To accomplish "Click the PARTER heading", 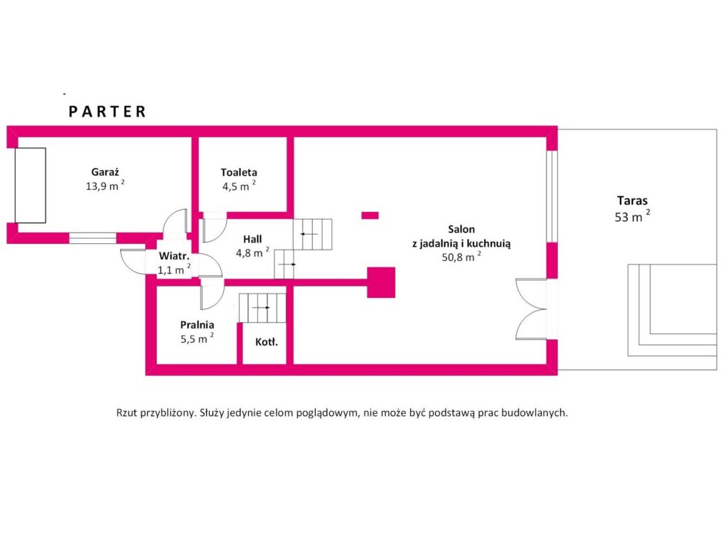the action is pos(107,112).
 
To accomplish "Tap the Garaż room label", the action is pos(105,172).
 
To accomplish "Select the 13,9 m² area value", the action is pos(105,186).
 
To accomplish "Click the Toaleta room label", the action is pos(239,172).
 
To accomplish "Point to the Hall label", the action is pos(252,239).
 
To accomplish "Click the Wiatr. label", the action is pos(174,256).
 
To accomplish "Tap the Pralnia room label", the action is pos(197,325).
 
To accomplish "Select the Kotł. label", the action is pos(267,342).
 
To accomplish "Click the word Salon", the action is pos(461,229).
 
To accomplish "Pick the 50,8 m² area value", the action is pos(461,256).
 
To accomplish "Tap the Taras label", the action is pos(632,200).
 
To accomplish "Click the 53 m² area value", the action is pos(632,216).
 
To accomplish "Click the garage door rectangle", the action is pos(31,186).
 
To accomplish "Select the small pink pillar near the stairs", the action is pos(370,215).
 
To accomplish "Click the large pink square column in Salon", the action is pos(381,282).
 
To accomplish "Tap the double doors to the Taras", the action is pos(531,309).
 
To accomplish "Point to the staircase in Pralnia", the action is pos(262,307).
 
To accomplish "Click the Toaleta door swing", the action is pos(215,227).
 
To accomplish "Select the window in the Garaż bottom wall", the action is pos(93,237).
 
